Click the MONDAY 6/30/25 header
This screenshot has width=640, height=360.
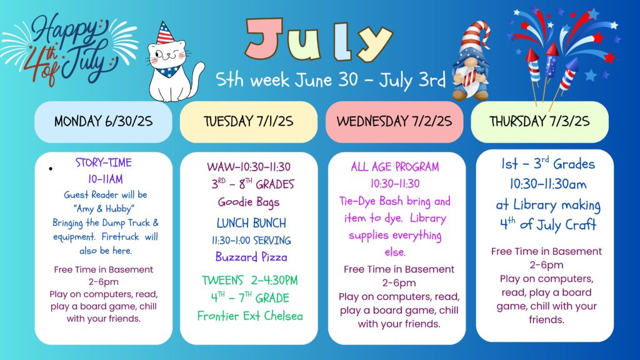click(x=103, y=122)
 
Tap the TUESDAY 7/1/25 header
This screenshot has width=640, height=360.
click(x=249, y=122)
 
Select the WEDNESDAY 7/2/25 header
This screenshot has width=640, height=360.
click(x=394, y=122)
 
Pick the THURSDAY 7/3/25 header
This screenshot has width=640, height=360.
click(x=539, y=122)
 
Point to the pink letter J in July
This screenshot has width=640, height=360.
click(x=264, y=38)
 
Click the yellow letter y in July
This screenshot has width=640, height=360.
click(x=375, y=42)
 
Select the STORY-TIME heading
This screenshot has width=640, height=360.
click(x=104, y=163)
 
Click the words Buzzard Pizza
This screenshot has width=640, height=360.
click(x=251, y=257)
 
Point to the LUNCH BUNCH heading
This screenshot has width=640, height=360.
click(x=251, y=223)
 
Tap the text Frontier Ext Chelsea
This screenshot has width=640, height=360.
click(x=250, y=316)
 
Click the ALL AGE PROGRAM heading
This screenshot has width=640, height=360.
click(x=395, y=166)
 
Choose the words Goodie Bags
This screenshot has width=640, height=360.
click(x=249, y=202)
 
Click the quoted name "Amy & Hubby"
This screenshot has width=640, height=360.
click(x=104, y=209)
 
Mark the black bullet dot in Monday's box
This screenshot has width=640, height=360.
click(x=51, y=169)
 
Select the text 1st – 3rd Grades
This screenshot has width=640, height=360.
click(x=548, y=164)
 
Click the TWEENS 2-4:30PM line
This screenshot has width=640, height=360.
click(x=250, y=281)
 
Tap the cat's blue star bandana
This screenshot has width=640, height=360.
click(x=169, y=71)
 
